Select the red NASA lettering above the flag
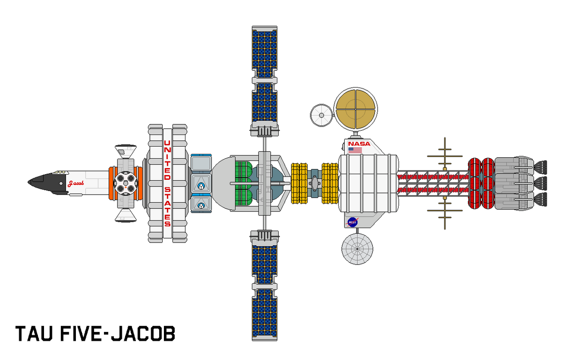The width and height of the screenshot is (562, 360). pyautogui.click(x=359, y=144)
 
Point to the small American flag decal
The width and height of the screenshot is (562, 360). pyautogui.click(x=355, y=151)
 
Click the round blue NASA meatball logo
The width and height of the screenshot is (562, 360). pyautogui.click(x=353, y=222)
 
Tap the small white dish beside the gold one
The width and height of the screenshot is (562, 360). pyautogui.click(x=321, y=114)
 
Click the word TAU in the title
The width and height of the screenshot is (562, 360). pyautogui.click(x=36, y=333)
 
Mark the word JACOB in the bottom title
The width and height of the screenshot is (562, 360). pyautogui.click(x=146, y=333)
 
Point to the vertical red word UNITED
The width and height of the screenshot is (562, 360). pyautogui.click(x=166, y=159)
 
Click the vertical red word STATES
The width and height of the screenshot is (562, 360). pyautogui.click(x=167, y=206)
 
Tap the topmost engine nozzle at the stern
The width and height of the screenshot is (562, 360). pyautogui.click(x=540, y=166)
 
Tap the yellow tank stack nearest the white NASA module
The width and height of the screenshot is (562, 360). pyautogui.click(x=330, y=184)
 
